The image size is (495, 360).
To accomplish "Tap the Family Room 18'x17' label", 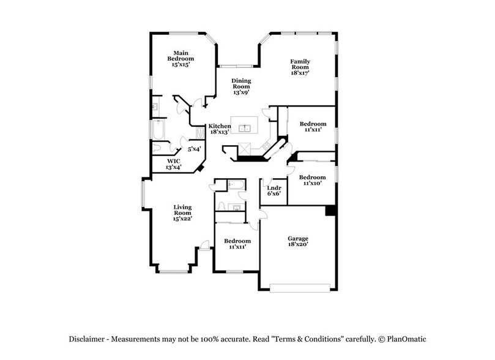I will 300,67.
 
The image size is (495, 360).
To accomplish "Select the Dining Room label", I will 240,86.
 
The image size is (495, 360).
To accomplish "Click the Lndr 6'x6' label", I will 274,190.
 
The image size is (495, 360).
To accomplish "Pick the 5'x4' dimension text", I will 195,149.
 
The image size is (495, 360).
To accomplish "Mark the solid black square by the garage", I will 330,210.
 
